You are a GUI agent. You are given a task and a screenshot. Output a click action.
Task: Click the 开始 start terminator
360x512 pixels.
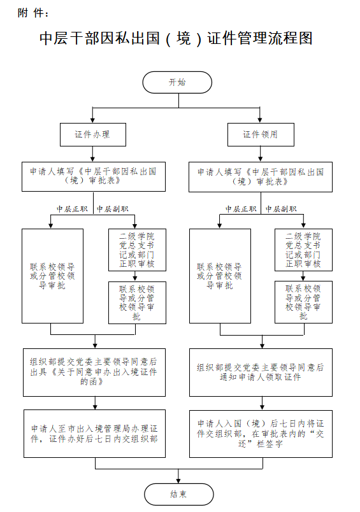tap(177, 82)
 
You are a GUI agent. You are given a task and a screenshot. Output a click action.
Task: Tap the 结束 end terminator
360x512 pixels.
tap(178, 494)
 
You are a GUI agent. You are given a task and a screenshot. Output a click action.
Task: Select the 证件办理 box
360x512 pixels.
tap(93, 134)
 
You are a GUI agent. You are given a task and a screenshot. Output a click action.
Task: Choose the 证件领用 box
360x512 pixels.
tap(261, 134)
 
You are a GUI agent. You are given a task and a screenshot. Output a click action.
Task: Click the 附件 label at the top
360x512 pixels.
tap(33, 13)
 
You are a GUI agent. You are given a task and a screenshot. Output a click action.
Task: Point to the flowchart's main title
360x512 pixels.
tap(176, 39)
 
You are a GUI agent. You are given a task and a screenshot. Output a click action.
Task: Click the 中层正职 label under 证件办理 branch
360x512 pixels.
tap(72, 209)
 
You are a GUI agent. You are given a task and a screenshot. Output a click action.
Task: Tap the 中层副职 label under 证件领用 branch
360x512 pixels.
tap(281, 209)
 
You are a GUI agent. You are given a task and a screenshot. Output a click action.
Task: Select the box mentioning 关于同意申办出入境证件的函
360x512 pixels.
tap(94, 373)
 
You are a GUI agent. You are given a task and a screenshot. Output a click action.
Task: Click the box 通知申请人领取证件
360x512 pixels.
tap(261, 373)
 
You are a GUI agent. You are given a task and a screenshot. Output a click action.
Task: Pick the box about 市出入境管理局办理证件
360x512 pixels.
tap(94, 434)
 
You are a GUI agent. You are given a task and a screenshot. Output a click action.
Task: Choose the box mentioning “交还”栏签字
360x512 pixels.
tap(261, 434)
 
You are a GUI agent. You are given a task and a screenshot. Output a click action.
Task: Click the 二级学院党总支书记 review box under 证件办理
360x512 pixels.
tap(137, 250)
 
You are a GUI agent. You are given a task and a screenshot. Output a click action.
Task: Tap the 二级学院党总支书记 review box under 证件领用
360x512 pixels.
tap(303, 250)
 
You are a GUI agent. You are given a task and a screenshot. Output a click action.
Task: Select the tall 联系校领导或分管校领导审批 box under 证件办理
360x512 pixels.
tap(53, 276)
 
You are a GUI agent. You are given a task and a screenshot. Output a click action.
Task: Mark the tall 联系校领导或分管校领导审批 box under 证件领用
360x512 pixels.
tap(220, 276)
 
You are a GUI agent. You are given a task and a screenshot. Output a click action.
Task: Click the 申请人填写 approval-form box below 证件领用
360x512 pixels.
tap(261, 177)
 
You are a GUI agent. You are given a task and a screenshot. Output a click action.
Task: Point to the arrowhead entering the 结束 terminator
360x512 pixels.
tap(178, 481)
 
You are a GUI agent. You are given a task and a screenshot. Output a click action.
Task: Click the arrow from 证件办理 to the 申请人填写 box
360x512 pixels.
tap(93, 154)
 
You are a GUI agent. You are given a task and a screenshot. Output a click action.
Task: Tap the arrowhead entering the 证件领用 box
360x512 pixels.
tap(260, 120)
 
